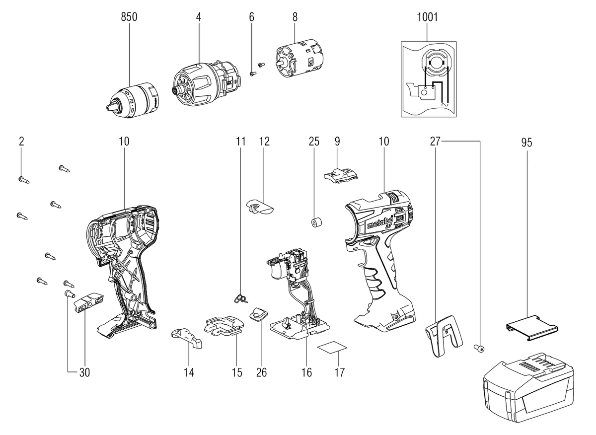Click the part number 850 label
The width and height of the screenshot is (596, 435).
click(x=129, y=17)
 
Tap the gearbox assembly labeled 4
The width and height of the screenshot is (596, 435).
click(x=205, y=84)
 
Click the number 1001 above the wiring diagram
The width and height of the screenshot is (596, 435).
click(x=427, y=17)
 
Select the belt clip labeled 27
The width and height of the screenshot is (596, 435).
click(x=443, y=336)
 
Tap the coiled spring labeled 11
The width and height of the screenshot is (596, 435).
click(x=241, y=299)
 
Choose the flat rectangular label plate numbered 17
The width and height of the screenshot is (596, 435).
click(x=332, y=347)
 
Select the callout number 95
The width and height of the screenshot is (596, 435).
click(x=526, y=143)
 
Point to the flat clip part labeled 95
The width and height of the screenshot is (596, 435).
click(x=532, y=328)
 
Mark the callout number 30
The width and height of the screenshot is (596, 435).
click(x=84, y=372)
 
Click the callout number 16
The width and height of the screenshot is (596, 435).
click(x=306, y=372)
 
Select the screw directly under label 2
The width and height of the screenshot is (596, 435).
click(x=24, y=180)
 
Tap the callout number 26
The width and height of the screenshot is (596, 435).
click(x=261, y=372)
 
